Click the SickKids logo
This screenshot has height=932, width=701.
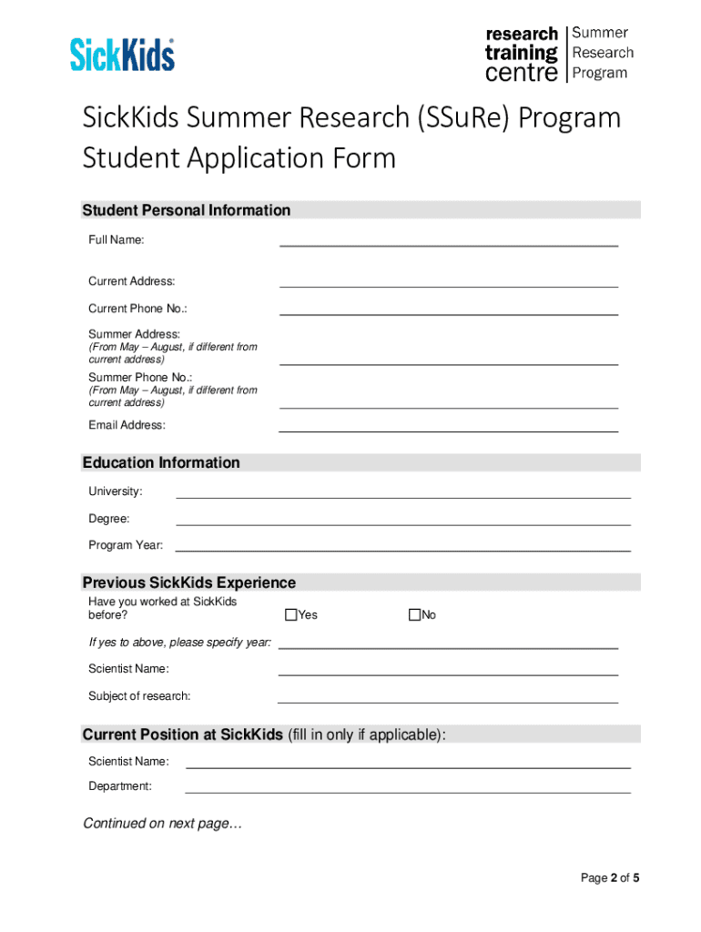(122, 55)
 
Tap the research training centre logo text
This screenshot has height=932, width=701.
(521, 54)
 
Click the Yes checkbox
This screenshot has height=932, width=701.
(291, 615)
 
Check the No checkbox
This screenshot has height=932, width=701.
(414, 615)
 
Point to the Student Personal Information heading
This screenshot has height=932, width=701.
(187, 210)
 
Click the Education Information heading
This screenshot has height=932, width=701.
(161, 462)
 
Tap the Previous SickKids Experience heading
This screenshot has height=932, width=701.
(189, 582)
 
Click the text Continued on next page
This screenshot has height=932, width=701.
(163, 824)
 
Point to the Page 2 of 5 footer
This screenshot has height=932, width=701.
(610, 878)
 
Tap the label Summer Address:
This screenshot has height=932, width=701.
(134, 334)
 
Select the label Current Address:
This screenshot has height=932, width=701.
(131, 281)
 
